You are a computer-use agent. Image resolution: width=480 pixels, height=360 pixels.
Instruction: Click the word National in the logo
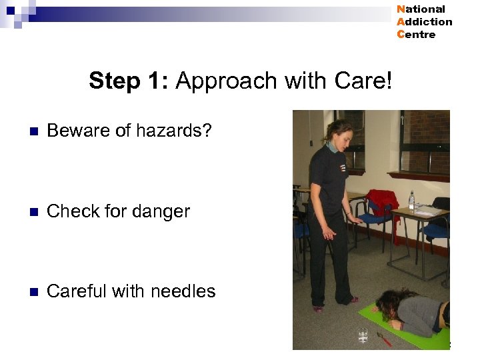pyautogui.click(x=421, y=9)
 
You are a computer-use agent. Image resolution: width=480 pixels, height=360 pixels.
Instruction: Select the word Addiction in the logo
pyautogui.click(x=424, y=22)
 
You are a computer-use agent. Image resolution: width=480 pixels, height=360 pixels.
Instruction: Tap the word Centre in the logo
pyautogui.click(x=416, y=35)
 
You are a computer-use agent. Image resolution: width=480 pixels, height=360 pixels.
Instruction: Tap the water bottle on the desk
pyautogui.click(x=411, y=200)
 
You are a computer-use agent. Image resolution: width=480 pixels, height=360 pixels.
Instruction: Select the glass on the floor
pyautogui.click(x=363, y=335)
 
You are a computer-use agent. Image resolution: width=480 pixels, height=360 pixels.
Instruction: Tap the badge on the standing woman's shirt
pyautogui.click(x=342, y=168)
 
